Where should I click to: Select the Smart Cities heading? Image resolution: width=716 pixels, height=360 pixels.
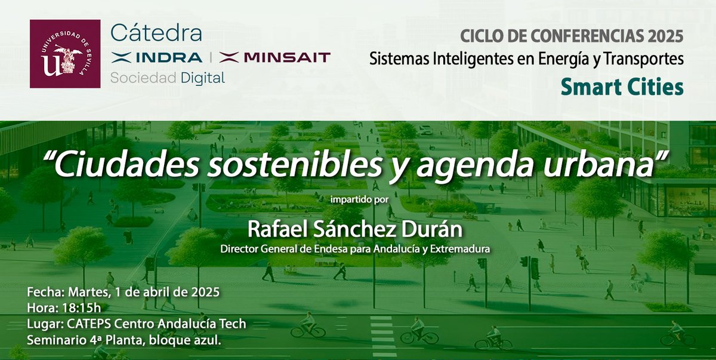click(621, 87)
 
